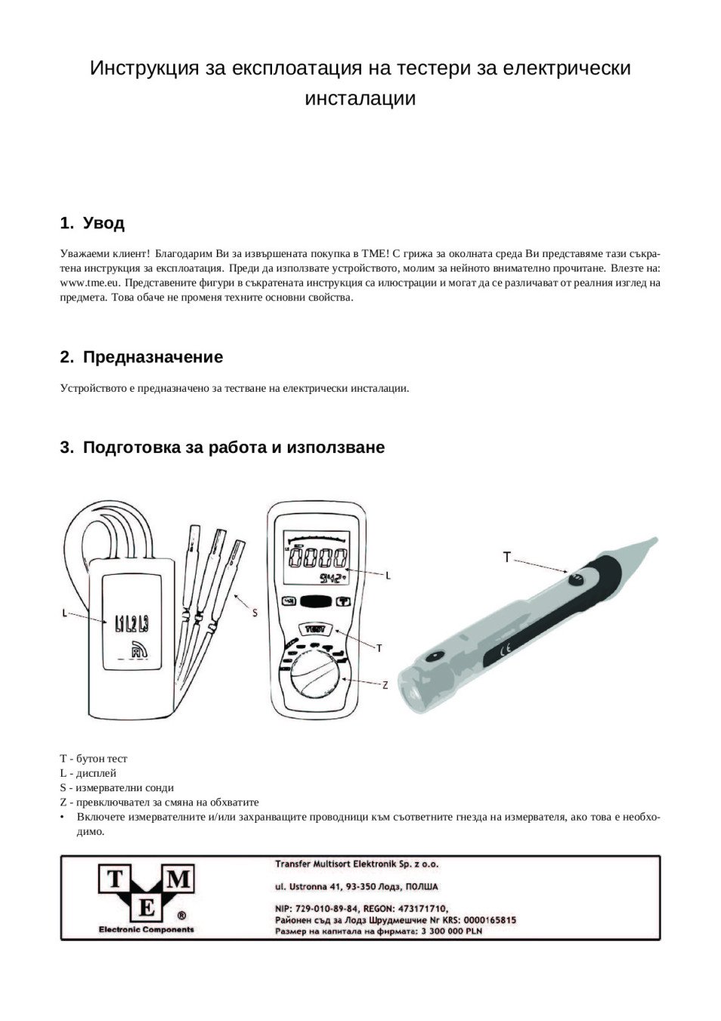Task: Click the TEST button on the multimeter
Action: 314,629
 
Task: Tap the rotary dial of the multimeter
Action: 315,675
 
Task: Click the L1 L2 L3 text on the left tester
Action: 132,624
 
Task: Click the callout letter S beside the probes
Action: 255,613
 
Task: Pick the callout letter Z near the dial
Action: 385,685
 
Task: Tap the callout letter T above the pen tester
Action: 507,557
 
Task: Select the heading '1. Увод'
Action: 92,224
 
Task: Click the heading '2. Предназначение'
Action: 141,357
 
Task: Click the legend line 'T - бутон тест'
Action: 94,759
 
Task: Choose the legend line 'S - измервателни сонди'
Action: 116,787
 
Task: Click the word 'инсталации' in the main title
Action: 360,98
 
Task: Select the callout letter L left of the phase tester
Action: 64,613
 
